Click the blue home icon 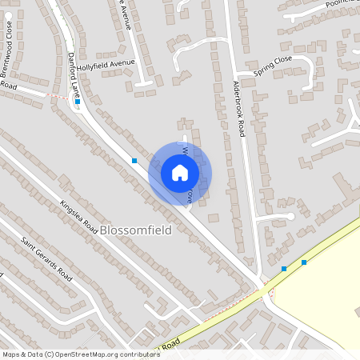pos(180,173)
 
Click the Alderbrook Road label pos(238,109)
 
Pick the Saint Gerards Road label pos(46,258)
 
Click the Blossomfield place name pos(136,230)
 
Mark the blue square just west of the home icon pos(134,161)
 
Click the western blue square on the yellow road pos(284,269)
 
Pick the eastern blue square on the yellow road pos(304,262)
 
